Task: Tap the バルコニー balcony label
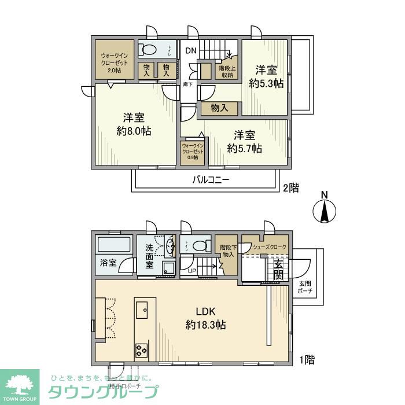click(x=211, y=180)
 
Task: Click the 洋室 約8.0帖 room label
click(x=134, y=124)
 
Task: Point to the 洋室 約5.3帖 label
click(x=266, y=77)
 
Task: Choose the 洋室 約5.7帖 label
click(x=244, y=142)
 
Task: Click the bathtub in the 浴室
click(x=113, y=245)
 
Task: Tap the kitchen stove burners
click(x=142, y=349)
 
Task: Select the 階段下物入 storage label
click(x=227, y=249)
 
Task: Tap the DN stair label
click(x=191, y=50)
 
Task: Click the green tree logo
click(x=20, y=384)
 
